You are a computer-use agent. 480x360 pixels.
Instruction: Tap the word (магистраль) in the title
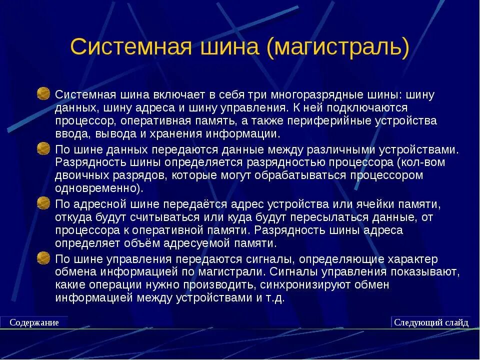coord(338,47)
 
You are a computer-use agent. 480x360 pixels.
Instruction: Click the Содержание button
coord(34,322)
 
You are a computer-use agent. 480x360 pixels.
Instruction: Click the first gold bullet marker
coord(44,93)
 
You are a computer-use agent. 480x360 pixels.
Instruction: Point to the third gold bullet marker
coord(44,203)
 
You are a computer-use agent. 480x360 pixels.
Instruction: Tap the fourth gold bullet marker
coord(44,257)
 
